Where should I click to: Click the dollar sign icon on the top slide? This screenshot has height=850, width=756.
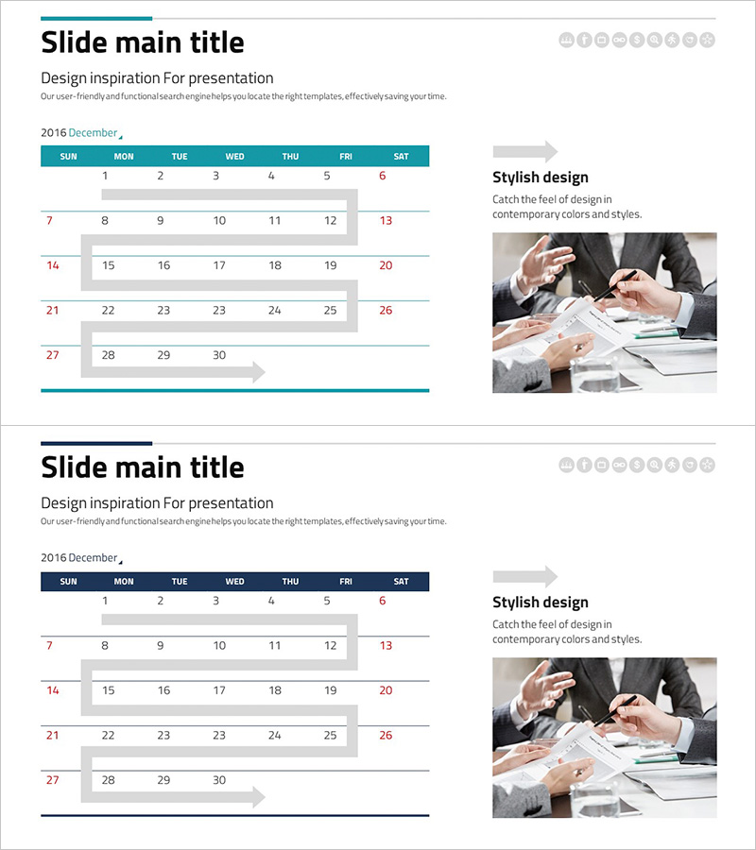pos(637,40)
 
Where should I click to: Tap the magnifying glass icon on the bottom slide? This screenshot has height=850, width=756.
pos(655,465)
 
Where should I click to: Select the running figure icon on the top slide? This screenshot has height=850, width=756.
pos(672,40)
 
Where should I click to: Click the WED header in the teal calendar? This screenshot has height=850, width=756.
pos(234,156)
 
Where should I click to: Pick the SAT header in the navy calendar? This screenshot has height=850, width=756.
pos(401,581)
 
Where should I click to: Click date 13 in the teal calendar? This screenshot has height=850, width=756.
pos(386,221)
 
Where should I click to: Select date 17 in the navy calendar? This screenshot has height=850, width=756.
pos(219,690)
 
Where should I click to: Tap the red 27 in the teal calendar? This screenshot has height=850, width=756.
pos(52,355)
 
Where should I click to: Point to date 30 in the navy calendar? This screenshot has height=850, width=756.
pos(219,780)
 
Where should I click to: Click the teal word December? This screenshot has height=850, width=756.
pos(93,133)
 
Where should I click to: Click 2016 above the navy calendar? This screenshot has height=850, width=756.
pos(53,558)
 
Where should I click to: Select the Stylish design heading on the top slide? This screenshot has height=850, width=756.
pos(541,178)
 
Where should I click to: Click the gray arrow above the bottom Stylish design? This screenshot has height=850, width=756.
pos(525,576)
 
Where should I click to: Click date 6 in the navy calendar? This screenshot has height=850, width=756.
pos(383,601)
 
